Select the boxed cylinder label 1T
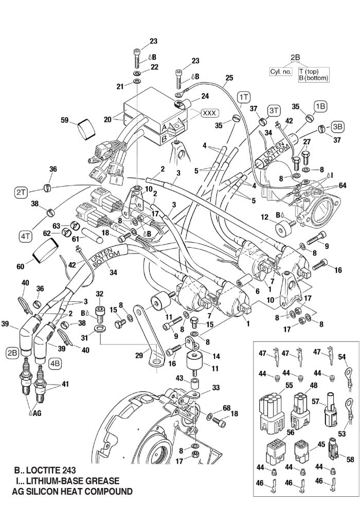click(244, 97)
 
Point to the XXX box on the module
click(209, 113)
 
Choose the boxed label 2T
click(21, 192)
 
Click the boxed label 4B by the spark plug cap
click(55, 362)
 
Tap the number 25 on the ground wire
click(228, 78)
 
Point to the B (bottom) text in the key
click(313, 78)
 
